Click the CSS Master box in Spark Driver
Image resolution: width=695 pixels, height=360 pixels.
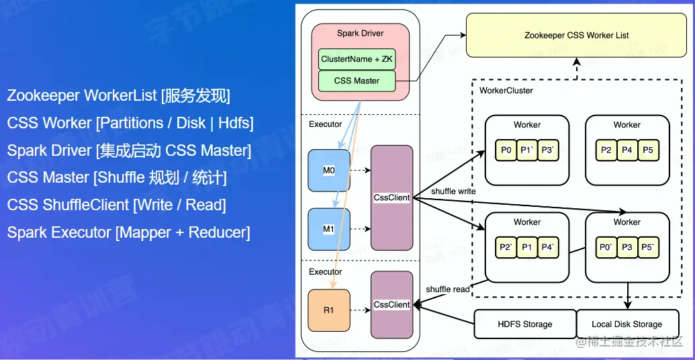coord(357,81)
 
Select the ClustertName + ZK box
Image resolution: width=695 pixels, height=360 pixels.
coord(357,59)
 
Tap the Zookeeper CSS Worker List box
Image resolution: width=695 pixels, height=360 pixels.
coord(576,35)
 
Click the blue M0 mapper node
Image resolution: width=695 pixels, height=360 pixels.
coord(329,171)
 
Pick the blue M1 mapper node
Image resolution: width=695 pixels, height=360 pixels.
coord(329,229)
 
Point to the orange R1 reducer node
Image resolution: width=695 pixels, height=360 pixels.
coord(329,310)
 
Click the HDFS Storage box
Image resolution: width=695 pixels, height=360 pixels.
coord(525,324)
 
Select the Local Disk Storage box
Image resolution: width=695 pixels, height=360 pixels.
coord(627,324)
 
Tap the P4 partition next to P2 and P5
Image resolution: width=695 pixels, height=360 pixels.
coord(627,150)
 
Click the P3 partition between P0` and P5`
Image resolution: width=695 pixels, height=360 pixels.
coord(627,248)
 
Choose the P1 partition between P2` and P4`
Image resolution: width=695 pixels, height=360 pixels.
coord(527,248)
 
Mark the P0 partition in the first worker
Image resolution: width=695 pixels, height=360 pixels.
coord(506,150)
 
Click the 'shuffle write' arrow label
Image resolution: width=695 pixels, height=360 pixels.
coord(453,191)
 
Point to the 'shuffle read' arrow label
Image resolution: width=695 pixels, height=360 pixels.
coord(448,289)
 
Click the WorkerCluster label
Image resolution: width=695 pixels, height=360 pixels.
coord(506,91)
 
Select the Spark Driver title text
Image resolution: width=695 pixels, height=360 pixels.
coord(361,33)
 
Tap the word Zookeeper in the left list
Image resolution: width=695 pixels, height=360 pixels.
coord(43,95)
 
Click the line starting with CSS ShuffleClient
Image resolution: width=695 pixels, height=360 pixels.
coord(116,205)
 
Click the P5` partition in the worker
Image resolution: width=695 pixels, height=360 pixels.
coord(648,248)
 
